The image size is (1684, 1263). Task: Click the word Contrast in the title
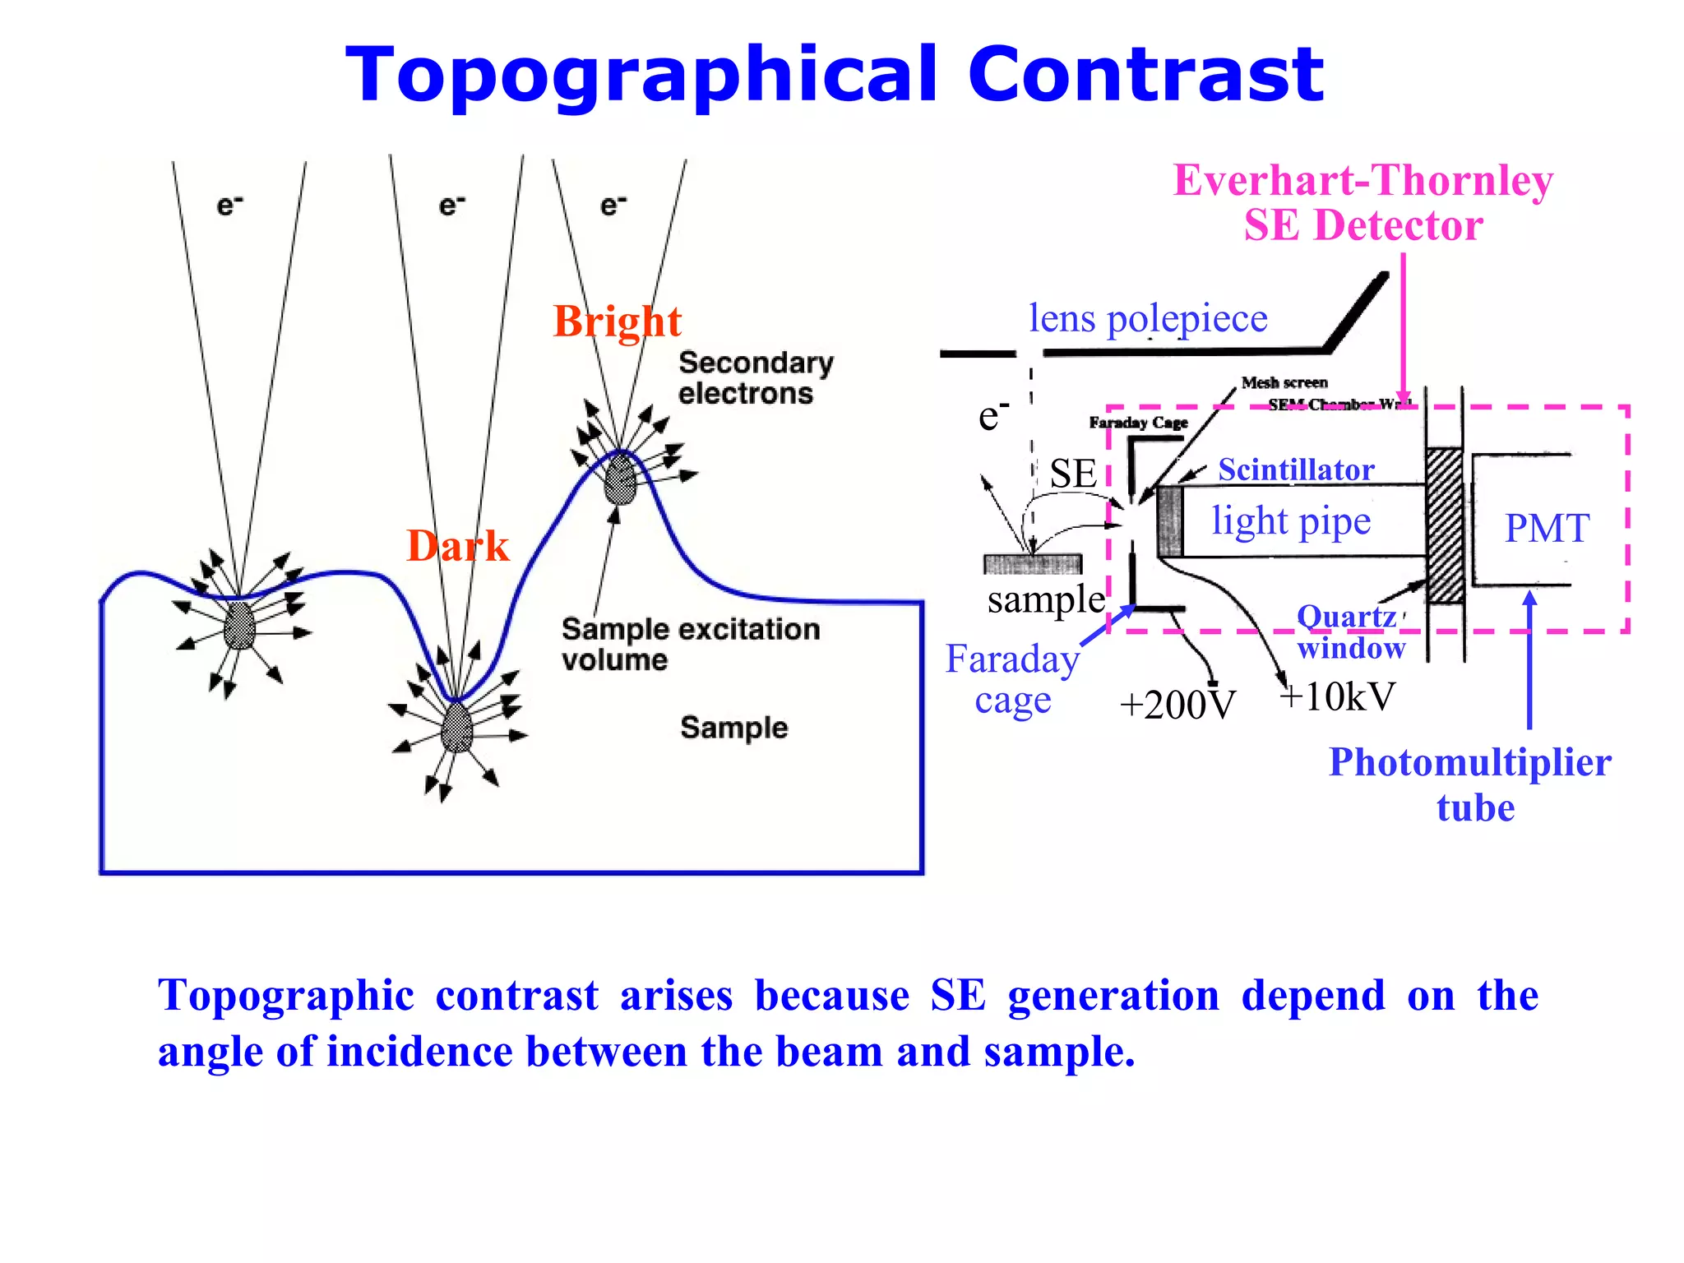pyautogui.click(x=1145, y=76)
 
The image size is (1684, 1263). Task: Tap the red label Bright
pyautogui.click(x=617, y=322)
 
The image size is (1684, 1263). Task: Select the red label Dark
pyautogui.click(x=457, y=546)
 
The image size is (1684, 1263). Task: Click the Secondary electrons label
pyautogui.click(x=755, y=378)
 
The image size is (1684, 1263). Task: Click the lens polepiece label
pyautogui.click(x=1147, y=319)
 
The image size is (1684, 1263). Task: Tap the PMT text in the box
pyautogui.click(x=1546, y=528)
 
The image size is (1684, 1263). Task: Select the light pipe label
pyautogui.click(x=1291, y=521)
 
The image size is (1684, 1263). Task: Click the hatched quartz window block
pyautogui.click(x=1444, y=526)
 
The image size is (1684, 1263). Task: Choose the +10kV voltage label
pyautogui.click(x=1337, y=697)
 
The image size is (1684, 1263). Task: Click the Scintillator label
pyautogui.click(x=1296, y=470)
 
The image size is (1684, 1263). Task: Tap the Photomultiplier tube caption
pyautogui.click(x=1470, y=784)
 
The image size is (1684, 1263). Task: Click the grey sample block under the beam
pyautogui.click(x=1033, y=564)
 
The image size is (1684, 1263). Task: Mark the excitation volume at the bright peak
pyautogui.click(x=620, y=481)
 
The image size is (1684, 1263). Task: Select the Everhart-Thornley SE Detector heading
pyautogui.click(x=1362, y=202)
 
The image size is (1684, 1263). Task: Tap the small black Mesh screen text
pyautogui.click(x=1284, y=382)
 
